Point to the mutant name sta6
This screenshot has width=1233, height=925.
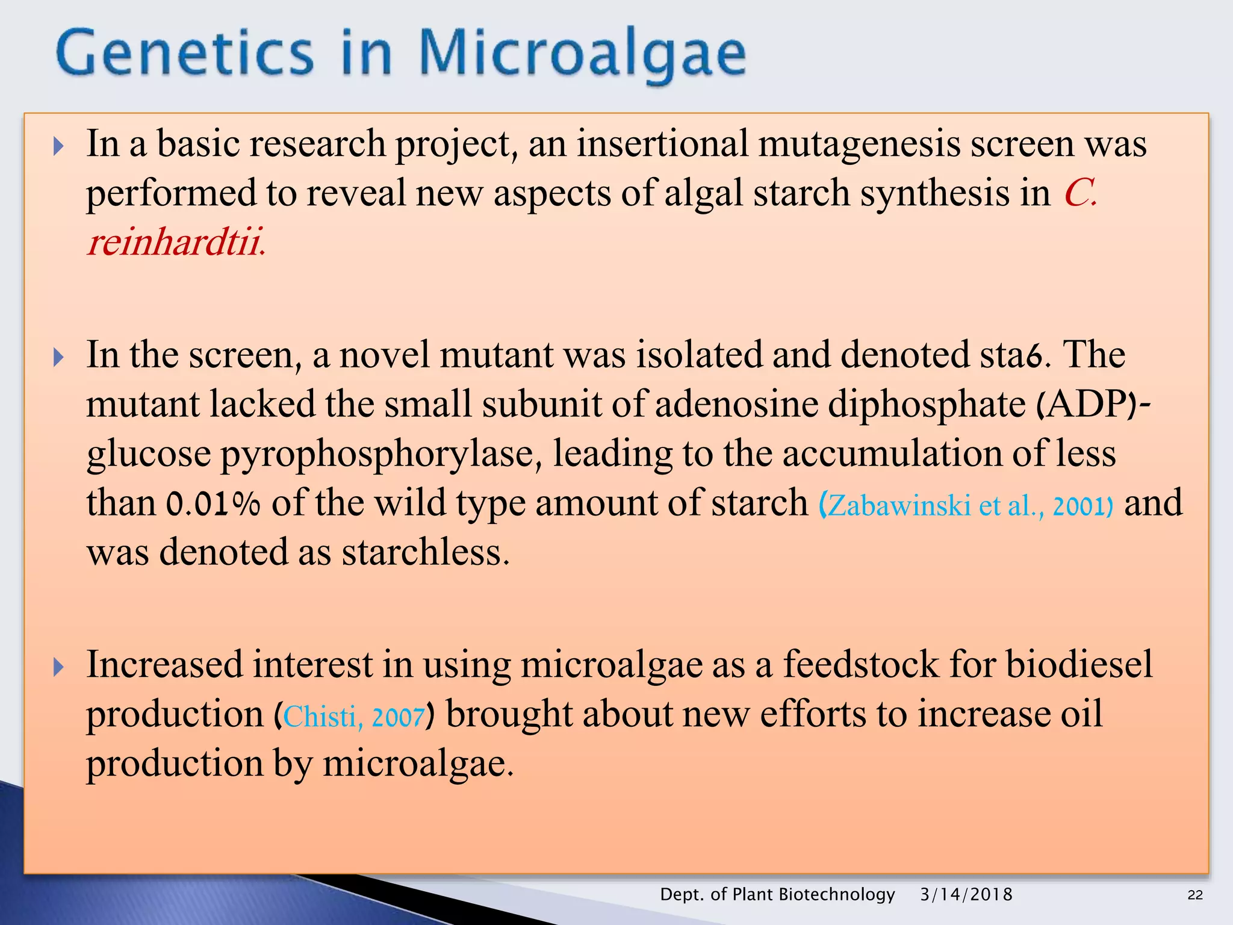tap(1014, 355)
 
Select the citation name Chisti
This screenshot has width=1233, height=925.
tap(320, 717)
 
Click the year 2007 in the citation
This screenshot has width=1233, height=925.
tap(398, 717)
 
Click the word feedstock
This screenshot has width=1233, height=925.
tap(860, 665)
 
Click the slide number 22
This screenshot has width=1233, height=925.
tap(1194, 895)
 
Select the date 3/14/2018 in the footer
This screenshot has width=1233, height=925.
tap(966, 894)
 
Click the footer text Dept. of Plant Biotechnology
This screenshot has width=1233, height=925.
tap(777, 894)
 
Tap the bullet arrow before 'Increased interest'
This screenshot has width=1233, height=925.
tap(58, 667)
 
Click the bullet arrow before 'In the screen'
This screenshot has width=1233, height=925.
tap(58, 357)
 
